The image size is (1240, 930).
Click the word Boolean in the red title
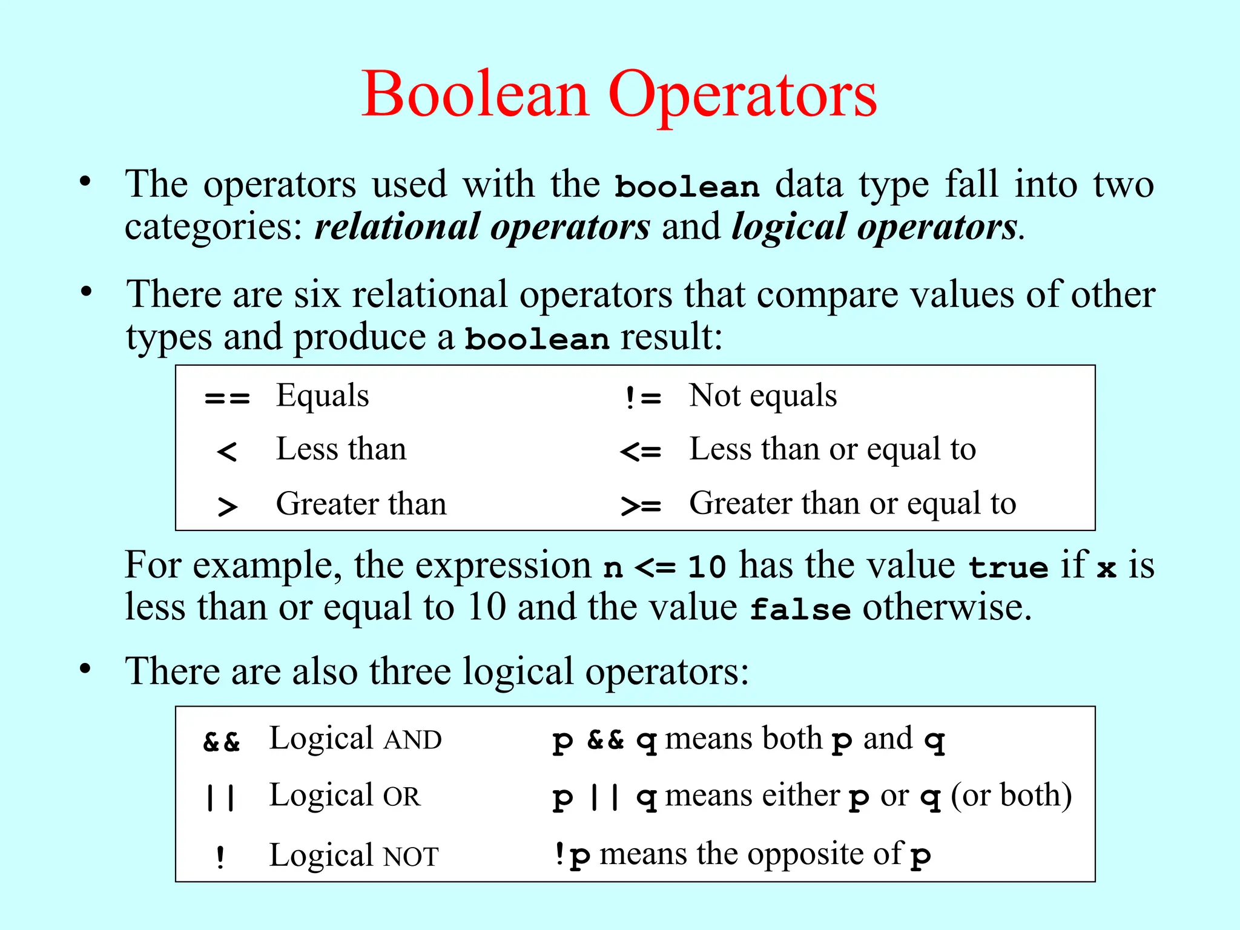click(476, 94)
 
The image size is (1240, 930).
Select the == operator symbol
click(227, 398)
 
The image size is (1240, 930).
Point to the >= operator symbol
click(641, 506)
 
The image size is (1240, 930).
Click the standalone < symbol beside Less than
click(226, 452)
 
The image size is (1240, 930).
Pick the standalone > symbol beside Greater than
click(227, 506)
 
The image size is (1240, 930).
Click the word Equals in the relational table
click(322, 396)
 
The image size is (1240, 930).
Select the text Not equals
click(763, 396)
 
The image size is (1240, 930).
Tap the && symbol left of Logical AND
click(222, 741)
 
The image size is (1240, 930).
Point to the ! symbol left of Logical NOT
click(220, 857)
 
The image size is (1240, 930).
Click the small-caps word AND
click(413, 740)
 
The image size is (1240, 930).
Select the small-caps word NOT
click(411, 857)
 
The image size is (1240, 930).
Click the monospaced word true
click(1008, 567)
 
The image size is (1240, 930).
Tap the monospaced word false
click(800, 609)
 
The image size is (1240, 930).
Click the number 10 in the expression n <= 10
click(707, 567)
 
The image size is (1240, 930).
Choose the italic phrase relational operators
click(482, 227)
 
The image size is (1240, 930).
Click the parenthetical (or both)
click(1011, 795)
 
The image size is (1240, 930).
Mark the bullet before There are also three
click(85, 669)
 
